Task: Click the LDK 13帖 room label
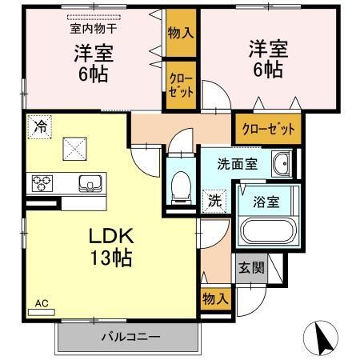[x=110, y=249]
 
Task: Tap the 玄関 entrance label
[x=246, y=267]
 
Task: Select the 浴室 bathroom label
[x=266, y=202]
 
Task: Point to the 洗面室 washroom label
[x=238, y=166]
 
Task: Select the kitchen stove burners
[x=42, y=184]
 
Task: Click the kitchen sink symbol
[x=89, y=183]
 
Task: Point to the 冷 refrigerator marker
[x=39, y=125]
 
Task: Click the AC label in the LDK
[x=41, y=303]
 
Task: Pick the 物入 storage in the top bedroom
[x=180, y=34]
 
